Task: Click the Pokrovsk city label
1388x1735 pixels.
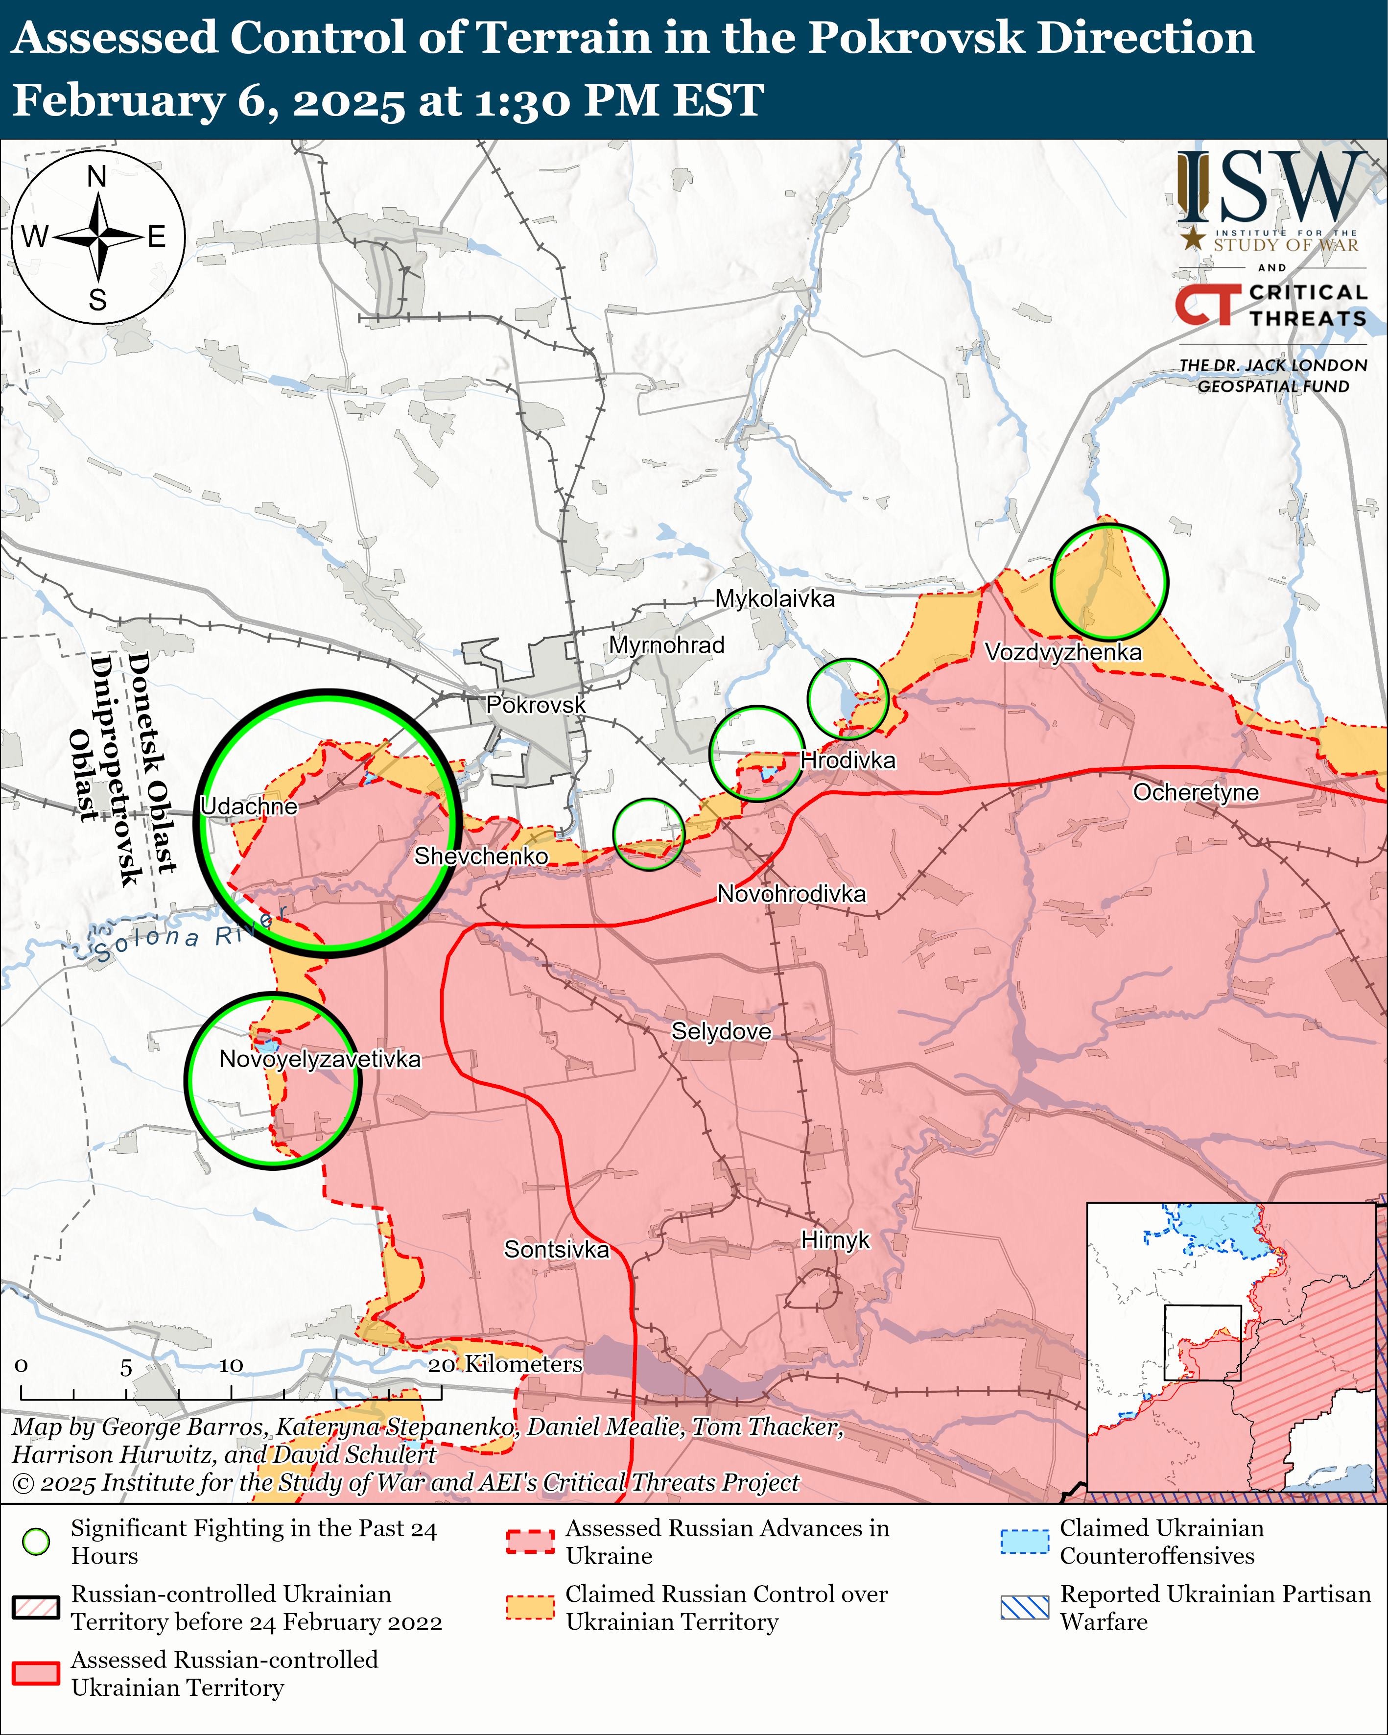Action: [x=536, y=705]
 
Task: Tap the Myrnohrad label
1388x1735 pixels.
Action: [x=666, y=645]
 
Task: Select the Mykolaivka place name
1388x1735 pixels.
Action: [x=775, y=599]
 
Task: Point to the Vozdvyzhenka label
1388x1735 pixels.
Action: [x=1063, y=652]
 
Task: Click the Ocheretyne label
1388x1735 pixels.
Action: [x=1196, y=793]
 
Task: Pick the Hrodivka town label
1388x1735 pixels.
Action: [x=847, y=761]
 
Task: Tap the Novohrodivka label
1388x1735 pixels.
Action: [x=792, y=894]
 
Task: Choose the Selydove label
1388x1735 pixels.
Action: [x=721, y=1032]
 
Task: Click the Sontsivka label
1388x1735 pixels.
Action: [x=556, y=1250]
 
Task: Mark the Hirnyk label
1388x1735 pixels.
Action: [x=835, y=1240]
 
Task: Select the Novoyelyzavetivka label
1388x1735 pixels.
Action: [x=319, y=1059]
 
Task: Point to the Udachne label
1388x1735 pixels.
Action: [x=249, y=807]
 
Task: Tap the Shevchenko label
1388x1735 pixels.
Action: [x=481, y=856]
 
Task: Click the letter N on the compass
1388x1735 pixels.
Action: [x=97, y=176]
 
